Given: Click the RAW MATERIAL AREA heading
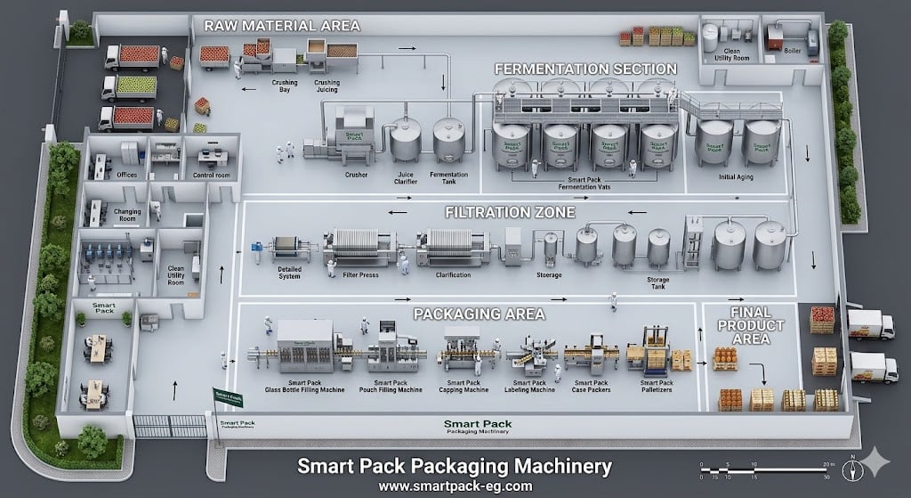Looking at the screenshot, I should pyautogui.click(x=282, y=25).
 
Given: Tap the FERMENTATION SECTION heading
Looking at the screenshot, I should pyautogui.click(x=585, y=69).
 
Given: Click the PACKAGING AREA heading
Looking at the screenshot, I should pyautogui.click(x=479, y=314).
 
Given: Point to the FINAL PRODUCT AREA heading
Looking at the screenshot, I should pyautogui.click(x=750, y=325).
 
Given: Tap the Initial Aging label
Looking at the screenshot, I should pyautogui.click(x=737, y=176).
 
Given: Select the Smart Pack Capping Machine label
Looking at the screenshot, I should pyautogui.click(x=464, y=386).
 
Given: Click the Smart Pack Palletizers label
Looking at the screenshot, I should pyautogui.click(x=656, y=386).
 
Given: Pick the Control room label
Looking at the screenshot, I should pyautogui.click(x=212, y=176).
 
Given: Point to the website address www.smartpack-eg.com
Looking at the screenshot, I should pyautogui.click(x=455, y=486).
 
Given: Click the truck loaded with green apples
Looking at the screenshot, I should pyautogui.click(x=130, y=86).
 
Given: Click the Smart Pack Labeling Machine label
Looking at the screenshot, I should pyautogui.click(x=531, y=386).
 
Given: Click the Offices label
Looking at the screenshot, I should pyautogui.click(x=127, y=176).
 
